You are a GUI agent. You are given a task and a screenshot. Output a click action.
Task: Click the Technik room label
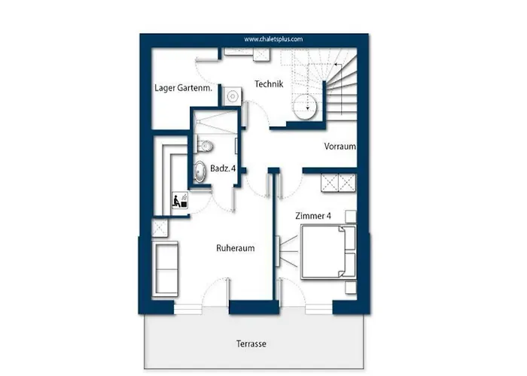point(269,84)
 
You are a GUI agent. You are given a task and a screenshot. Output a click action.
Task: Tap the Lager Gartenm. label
point(184,88)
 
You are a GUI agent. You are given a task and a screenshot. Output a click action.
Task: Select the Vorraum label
point(340,147)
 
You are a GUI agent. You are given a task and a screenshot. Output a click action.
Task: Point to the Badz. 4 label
point(223,168)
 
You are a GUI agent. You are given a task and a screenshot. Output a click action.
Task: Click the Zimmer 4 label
point(313,216)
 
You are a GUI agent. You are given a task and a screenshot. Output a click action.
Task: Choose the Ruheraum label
point(235,248)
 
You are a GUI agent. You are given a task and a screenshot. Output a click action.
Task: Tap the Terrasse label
point(251,344)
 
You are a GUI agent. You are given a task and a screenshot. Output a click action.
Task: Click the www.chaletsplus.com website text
point(273,39)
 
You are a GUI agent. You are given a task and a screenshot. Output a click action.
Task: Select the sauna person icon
point(180,201)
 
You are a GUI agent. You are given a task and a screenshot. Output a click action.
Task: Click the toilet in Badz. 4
point(205,146)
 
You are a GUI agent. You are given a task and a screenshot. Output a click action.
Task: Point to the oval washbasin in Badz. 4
point(200,171)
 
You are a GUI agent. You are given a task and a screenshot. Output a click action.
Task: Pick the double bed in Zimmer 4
point(328,252)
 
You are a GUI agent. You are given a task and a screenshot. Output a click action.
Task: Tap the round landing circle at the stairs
point(305,107)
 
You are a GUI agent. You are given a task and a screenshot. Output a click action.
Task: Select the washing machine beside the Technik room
point(232,96)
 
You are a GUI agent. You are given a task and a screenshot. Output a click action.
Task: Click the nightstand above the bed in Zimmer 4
point(351,217)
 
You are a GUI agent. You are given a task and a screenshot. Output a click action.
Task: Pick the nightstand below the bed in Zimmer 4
point(351,288)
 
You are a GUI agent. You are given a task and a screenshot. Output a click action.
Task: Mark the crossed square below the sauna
point(160,228)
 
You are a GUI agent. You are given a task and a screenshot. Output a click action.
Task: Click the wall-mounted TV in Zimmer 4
point(278,251)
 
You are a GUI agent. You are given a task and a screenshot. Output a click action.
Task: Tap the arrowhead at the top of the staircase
point(336,64)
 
